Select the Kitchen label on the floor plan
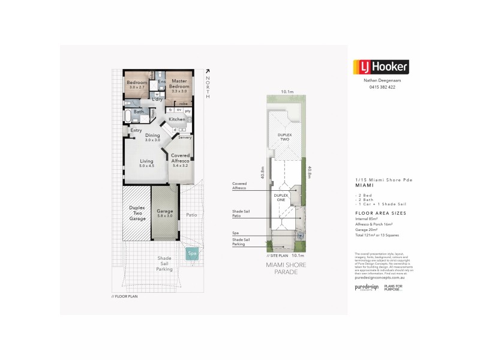176,119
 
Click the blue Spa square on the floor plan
193,254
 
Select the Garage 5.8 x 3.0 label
164,214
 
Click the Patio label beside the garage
192,214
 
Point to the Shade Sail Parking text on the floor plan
164,264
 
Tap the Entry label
136,130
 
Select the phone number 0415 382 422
379,88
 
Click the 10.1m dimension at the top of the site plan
287,92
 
